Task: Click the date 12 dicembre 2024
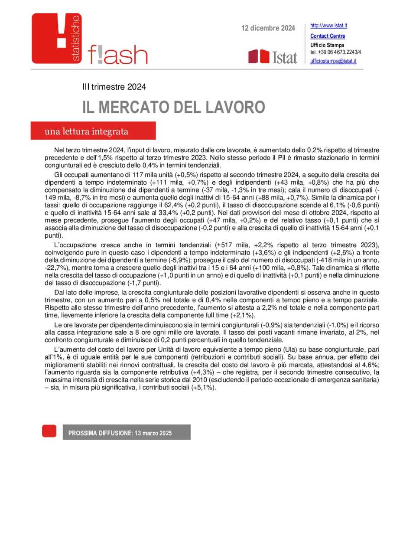click(268, 28)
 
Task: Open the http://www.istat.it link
click(328, 26)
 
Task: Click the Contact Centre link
click(328, 36)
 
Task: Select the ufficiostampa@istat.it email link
click(333, 61)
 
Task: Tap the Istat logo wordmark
click(284, 57)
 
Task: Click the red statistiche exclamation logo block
click(56, 38)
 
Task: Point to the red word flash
click(117, 55)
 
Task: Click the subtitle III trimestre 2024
click(114, 87)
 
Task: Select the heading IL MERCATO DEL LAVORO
click(173, 107)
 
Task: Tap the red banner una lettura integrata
click(93, 131)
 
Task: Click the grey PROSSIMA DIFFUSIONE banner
click(126, 433)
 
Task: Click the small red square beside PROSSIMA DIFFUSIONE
click(49, 431)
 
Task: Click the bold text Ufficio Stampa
click(327, 45)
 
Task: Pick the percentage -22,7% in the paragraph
click(55, 268)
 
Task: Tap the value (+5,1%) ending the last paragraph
click(203, 388)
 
